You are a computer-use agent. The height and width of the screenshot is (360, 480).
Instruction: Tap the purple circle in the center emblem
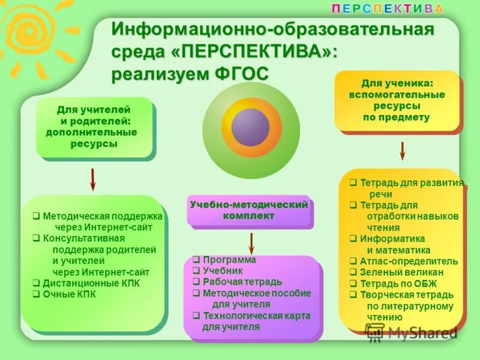pyautogui.click(x=250, y=127)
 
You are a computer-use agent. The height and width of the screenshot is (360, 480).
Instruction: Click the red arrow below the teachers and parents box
pyautogui.click(x=92, y=179)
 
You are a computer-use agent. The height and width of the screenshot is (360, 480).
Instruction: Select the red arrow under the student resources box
pyautogui.click(x=403, y=151)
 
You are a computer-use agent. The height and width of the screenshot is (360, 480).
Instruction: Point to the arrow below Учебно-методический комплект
pyautogui.click(x=251, y=242)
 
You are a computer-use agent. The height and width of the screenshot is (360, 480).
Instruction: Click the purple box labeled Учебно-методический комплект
pyautogui.click(x=249, y=210)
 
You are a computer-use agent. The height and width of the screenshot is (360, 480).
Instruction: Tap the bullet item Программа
pyautogui.click(x=229, y=260)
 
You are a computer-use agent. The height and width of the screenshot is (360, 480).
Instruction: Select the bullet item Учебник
pyautogui.click(x=223, y=271)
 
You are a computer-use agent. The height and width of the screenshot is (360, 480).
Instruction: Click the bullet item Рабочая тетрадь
pyautogui.click(x=233, y=282)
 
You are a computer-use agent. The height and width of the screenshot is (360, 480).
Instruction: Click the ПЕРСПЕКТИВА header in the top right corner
pyautogui.click(x=388, y=8)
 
